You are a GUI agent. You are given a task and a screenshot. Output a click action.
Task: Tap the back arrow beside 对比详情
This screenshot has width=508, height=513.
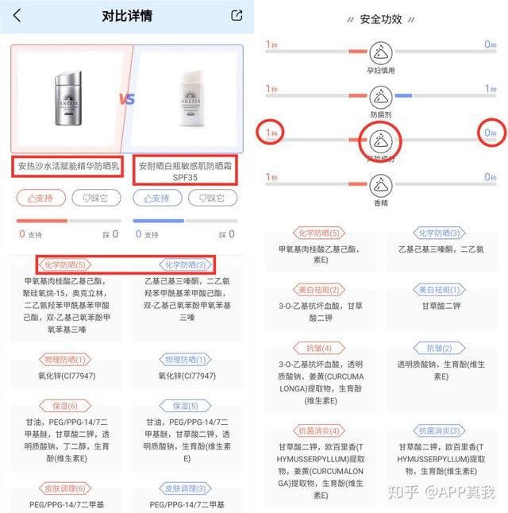(17, 15)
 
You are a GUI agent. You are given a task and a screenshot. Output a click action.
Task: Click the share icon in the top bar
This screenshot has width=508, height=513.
(236, 15)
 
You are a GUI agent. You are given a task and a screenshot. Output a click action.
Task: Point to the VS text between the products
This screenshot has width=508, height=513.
(127, 99)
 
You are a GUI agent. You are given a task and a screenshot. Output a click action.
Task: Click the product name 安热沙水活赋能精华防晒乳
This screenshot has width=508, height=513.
(67, 167)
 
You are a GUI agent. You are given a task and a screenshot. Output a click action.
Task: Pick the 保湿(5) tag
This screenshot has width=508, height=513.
(187, 406)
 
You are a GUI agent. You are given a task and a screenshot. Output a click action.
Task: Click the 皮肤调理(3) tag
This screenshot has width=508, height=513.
(187, 488)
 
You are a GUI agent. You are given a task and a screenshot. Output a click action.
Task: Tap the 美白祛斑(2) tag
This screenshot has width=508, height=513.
(318, 290)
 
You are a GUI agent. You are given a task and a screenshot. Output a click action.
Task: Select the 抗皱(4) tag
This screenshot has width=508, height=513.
(318, 349)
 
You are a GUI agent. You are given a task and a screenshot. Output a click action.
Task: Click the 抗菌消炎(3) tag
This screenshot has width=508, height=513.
(439, 430)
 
